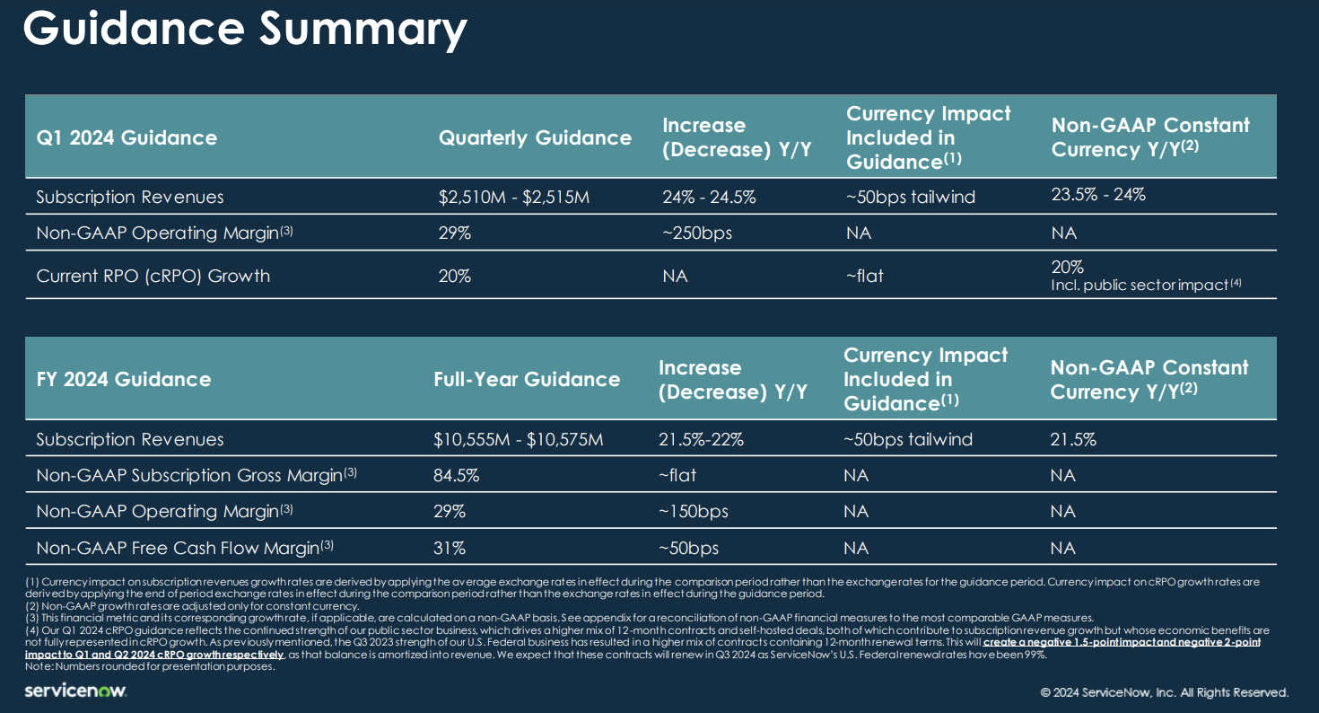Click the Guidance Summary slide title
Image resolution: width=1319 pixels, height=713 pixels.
pos(244,31)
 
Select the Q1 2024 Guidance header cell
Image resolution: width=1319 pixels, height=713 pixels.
pos(127,137)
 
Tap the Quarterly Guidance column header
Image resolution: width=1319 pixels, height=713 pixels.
pos(535,137)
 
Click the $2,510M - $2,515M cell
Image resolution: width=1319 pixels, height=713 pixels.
pos(514,197)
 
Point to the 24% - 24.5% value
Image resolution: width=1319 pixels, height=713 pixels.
pos(709,197)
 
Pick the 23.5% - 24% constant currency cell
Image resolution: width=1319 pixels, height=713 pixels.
pos(1098,194)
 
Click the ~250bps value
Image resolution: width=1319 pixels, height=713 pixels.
pos(696,233)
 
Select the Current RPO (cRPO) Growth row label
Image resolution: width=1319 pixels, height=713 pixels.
pos(153,276)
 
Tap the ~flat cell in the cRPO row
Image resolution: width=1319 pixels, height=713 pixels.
pos(865,276)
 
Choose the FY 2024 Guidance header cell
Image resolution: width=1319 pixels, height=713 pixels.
pos(124,379)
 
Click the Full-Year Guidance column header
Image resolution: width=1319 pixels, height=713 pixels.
pos(527,379)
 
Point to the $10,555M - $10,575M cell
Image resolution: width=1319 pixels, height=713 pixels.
pos(519,440)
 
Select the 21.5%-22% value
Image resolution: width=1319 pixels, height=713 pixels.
pos(701,440)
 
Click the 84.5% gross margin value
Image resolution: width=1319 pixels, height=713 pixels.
pos(457,476)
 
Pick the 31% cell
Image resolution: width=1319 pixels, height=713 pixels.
pos(449,548)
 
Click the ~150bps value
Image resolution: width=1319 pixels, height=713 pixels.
pos(694,512)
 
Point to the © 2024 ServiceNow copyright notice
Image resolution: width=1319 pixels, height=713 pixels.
pos(1164,692)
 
